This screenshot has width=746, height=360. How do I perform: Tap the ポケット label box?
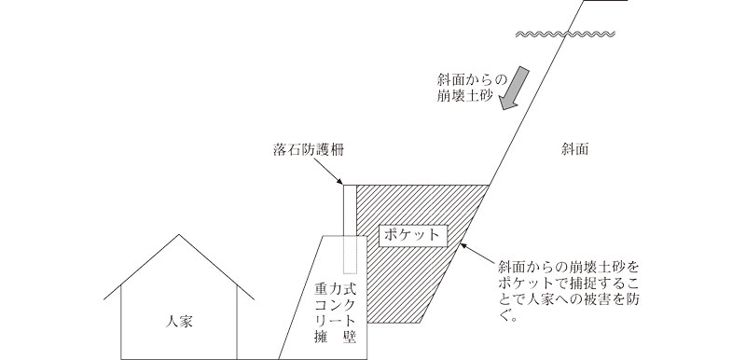411,233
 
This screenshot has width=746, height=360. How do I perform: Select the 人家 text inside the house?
177,320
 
